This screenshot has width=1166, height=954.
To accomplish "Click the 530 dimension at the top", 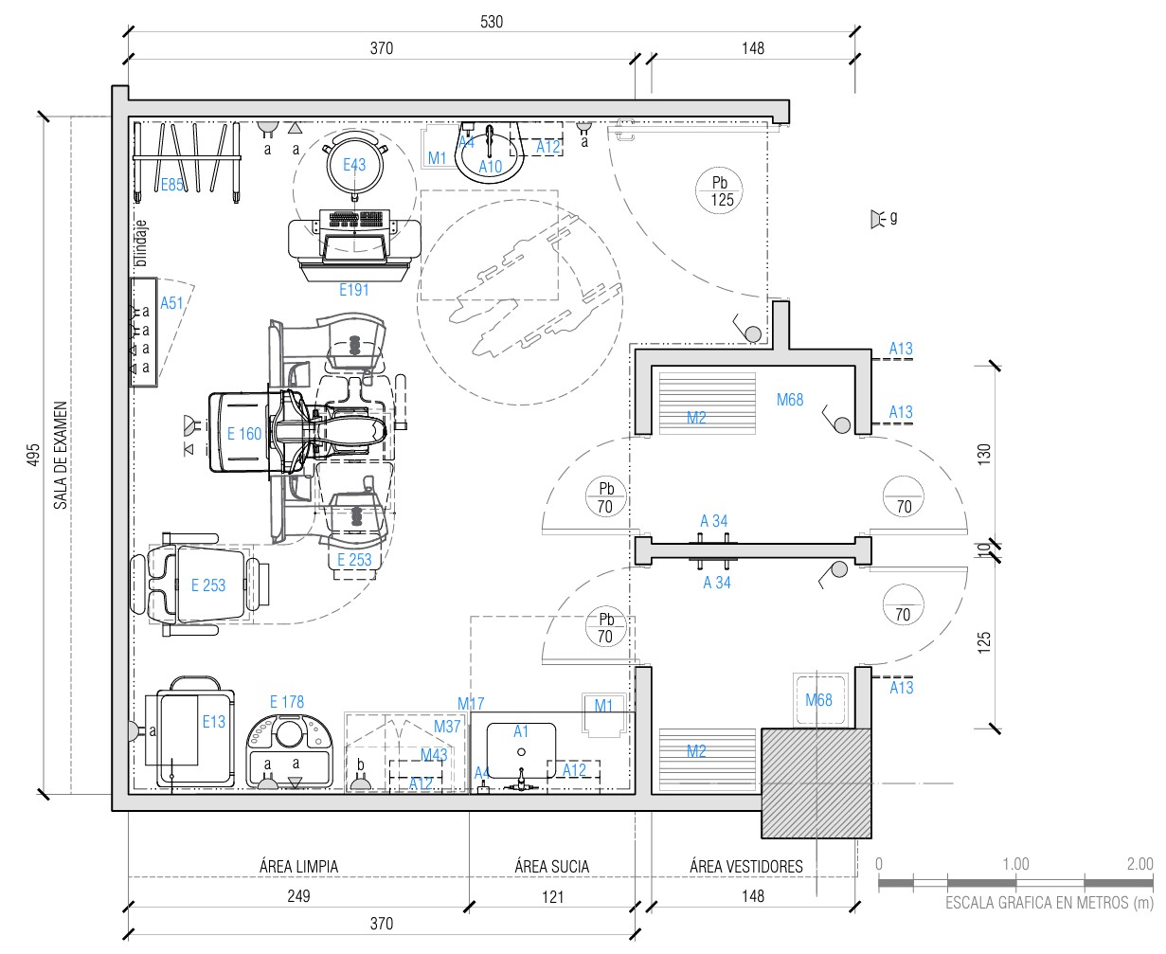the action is tap(491, 22).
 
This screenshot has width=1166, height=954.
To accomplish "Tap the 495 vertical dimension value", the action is tap(33, 455).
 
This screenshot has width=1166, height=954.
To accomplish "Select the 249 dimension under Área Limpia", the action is tap(298, 896).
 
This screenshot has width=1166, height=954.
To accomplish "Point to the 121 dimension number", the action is tap(552, 896).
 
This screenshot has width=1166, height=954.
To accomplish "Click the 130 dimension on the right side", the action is tap(983, 455).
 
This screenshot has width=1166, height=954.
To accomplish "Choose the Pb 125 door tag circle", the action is tap(719, 190).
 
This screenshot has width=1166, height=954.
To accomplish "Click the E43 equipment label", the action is tap(354, 165).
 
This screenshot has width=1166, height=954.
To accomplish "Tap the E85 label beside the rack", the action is tap(172, 185).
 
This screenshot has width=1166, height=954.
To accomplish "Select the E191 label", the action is tap(354, 290).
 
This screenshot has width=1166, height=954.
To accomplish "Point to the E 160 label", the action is tap(243, 434).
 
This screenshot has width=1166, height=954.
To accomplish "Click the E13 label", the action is tap(213, 722).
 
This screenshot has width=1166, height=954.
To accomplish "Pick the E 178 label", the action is tap(286, 702).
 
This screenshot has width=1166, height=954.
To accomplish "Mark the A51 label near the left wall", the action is tap(171, 303).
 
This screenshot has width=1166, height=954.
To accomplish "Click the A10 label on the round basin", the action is tap(490, 167).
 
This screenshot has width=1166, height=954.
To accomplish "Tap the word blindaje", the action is tap(141, 243).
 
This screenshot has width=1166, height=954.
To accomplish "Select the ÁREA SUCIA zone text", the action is tap(552, 867).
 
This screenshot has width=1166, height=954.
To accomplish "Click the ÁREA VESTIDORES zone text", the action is tap(745, 867).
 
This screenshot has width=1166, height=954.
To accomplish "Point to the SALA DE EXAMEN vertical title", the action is tap(60, 455).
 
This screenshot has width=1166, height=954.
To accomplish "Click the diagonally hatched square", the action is tap(816, 783).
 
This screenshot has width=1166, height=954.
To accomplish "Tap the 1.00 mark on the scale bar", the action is tap(1015, 864).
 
